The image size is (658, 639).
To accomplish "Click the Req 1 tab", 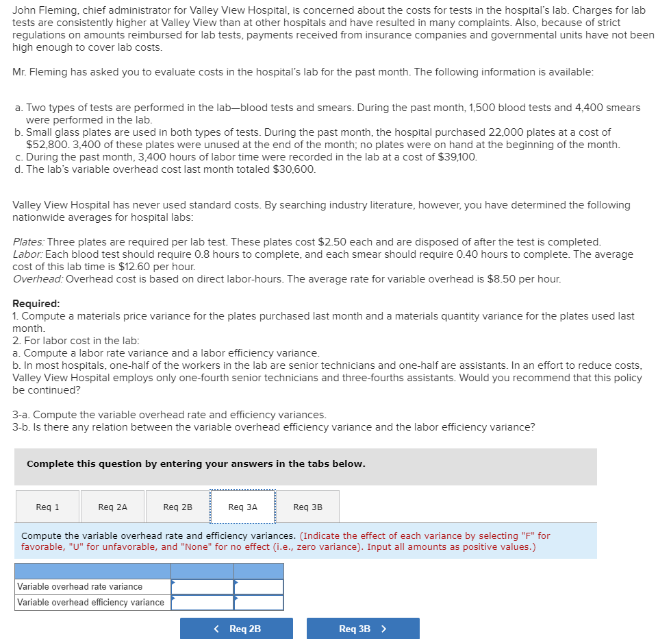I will click(47, 507).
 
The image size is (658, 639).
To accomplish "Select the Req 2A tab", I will click(112, 507).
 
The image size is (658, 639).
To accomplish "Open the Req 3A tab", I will click(242, 507).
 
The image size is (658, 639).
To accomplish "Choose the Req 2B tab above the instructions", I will click(177, 507).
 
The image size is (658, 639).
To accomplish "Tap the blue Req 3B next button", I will click(362, 629).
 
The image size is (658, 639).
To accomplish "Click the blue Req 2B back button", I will click(236, 629).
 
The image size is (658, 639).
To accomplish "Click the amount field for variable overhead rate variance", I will click(202, 586).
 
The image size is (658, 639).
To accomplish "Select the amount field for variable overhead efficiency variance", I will click(202, 603).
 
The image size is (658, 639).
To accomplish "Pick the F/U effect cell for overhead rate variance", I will click(258, 586).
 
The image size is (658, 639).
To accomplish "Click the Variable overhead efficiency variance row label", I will click(90, 603).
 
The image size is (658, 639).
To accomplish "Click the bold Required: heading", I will click(36, 304).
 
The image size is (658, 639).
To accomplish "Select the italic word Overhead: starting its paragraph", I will click(38, 279).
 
